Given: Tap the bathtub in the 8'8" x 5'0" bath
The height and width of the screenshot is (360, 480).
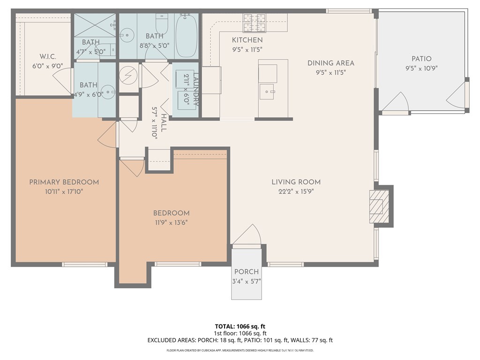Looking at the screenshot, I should coord(186,36).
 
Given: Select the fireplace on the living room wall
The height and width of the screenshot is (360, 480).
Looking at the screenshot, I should coord(376,206).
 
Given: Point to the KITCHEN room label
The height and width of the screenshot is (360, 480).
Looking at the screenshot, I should coord(247,40).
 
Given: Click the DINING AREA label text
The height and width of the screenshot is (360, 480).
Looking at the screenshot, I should coord(330,63).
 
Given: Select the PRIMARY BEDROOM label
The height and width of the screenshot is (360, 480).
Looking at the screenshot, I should coord(64,182).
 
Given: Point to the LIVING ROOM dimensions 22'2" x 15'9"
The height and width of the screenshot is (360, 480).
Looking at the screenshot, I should coord(296,191).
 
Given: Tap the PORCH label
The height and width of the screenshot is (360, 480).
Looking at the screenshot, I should coord(246,272).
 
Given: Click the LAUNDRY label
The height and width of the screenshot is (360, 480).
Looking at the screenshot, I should coord(196,89).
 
